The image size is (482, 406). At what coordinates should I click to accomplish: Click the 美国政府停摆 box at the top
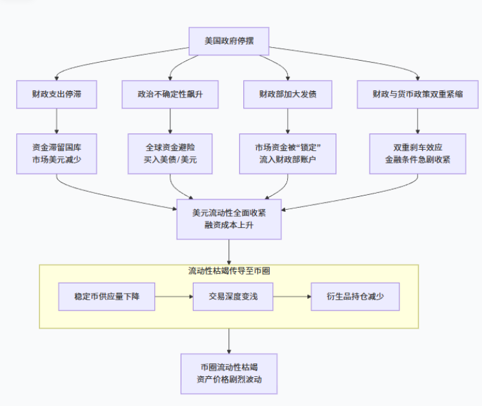click(228, 41)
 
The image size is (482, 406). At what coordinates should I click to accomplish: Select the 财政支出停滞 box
click(57, 94)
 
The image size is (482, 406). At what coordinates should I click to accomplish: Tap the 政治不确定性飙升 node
click(170, 94)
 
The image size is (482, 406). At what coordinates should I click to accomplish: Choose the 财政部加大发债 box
click(288, 94)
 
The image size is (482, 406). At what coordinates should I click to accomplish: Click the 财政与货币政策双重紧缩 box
click(417, 94)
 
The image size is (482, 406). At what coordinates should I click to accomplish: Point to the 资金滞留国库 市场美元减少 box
click(57, 154)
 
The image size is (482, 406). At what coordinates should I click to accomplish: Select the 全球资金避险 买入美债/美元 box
click(170, 154)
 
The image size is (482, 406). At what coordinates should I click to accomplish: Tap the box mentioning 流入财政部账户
click(288, 154)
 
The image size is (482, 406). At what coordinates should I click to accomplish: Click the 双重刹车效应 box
click(417, 154)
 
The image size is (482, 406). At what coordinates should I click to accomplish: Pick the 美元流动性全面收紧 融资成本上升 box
click(229, 219)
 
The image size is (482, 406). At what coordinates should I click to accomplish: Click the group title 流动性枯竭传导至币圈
click(229, 271)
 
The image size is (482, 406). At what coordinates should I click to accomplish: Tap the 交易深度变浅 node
click(232, 296)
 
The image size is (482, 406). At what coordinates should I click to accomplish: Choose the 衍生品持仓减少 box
click(355, 296)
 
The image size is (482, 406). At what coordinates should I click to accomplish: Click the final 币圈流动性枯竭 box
click(229, 373)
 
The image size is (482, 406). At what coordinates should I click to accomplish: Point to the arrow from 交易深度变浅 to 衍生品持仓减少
click(291, 296)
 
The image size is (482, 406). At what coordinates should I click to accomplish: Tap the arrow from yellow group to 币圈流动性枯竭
click(229, 340)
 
